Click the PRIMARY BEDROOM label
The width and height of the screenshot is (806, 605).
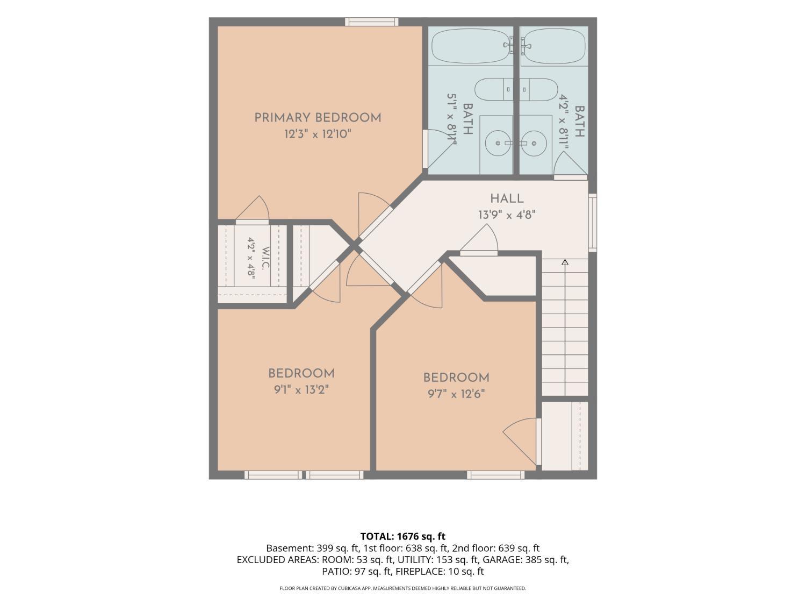pyautogui.click(x=318, y=118)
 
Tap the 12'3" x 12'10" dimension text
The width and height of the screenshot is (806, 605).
pyautogui.click(x=318, y=134)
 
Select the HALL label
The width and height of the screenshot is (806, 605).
pyautogui.click(x=507, y=199)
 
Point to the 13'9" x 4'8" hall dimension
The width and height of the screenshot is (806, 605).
pyautogui.click(x=507, y=215)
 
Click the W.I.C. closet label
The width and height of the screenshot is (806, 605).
pyautogui.click(x=266, y=258)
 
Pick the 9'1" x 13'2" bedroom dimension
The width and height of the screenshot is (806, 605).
pyautogui.click(x=301, y=389)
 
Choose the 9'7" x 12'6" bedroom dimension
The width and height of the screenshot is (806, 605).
pyautogui.click(x=456, y=394)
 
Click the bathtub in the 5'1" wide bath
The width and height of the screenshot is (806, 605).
pyautogui.click(x=471, y=46)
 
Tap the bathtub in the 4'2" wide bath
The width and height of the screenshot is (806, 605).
pyautogui.click(x=554, y=46)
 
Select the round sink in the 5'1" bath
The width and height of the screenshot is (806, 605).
pyautogui.click(x=498, y=143)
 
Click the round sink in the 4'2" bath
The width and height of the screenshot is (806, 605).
pyautogui.click(x=534, y=143)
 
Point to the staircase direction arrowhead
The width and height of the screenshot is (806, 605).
pyautogui.click(x=565, y=262)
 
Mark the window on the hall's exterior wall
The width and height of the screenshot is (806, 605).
pyautogui.click(x=592, y=223)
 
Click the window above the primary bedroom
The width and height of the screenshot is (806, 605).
pyautogui.click(x=372, y=22)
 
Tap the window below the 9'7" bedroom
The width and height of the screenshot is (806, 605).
pyautogui.click(x=496, y=475)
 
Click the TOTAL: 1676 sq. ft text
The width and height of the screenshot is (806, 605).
pyautogui.click(x=403, y=536)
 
